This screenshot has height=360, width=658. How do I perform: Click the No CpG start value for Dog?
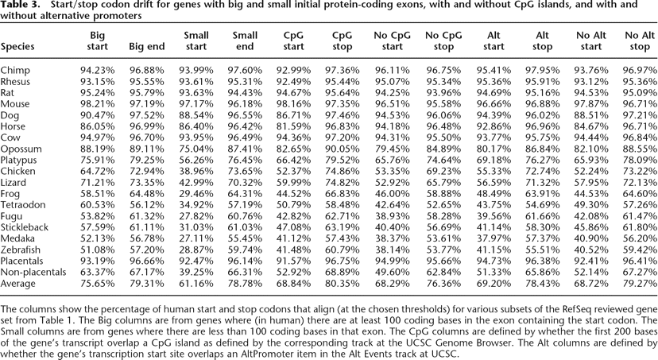[390, 114]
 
